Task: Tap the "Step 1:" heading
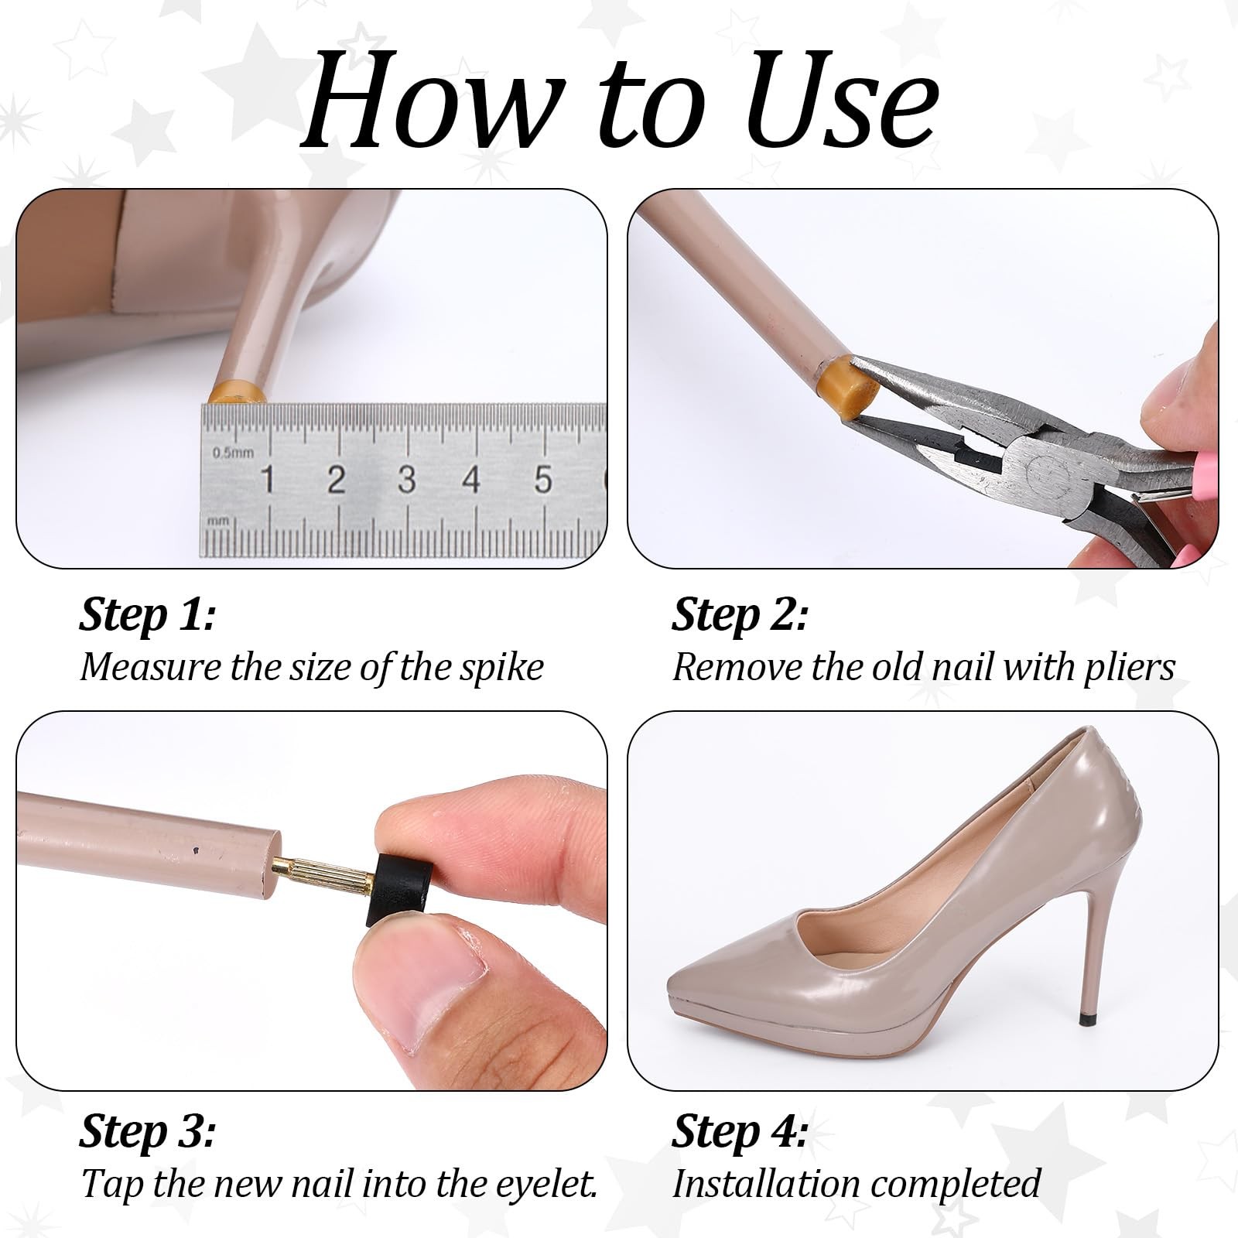(147, 616)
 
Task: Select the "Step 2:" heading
(739, 616)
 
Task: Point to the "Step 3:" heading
(147, 1132)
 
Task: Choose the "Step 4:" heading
(739, 1132)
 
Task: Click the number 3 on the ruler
(406, 479)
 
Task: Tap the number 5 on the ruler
(543, 479)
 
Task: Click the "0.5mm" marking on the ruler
(233, 452)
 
